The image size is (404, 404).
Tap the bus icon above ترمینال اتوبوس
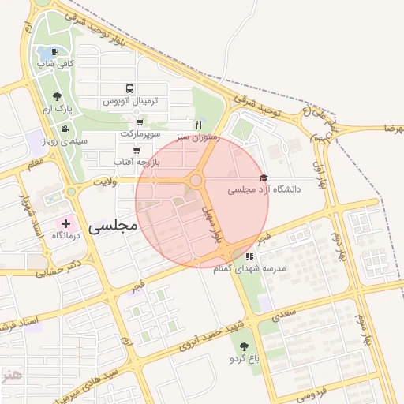click(x=129, y=89)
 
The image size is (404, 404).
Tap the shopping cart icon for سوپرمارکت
click(x=139, y=122)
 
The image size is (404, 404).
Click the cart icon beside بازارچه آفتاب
click(x=137, y=149)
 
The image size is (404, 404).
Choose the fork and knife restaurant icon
click(x=199, y=125)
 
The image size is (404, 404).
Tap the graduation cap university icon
click(x=263, y=178)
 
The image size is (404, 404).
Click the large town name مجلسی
click(x=113, y=226)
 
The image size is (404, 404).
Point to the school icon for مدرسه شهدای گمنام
click(x=249, y=256)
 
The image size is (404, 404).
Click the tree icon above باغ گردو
click(x=242, y=346)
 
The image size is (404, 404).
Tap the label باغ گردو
click(x=243, y=359)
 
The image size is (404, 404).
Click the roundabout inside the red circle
click(x=196, y=181)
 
